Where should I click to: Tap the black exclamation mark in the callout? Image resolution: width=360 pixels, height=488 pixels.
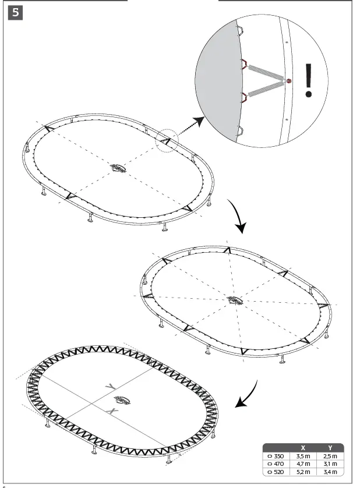[309, 80]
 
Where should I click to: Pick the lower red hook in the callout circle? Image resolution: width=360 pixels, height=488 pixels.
[246, 98]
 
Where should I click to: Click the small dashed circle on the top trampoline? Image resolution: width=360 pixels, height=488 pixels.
[167, 142]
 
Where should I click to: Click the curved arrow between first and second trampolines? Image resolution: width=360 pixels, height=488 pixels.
[236, 217]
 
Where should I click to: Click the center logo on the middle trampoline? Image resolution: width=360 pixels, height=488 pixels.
[235, 300]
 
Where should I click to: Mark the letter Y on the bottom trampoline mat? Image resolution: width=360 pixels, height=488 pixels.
[109, 387]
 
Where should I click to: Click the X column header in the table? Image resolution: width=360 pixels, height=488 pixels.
[302, 448]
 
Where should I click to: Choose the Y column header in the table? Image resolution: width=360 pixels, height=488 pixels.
[330, 448]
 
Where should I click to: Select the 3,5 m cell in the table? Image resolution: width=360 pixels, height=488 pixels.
[302, 455]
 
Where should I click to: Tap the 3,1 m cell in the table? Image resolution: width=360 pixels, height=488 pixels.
[330, 464]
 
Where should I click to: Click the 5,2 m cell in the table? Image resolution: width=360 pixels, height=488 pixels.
[302, 472]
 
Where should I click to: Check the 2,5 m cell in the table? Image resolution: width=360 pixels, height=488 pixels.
[330, 455]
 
